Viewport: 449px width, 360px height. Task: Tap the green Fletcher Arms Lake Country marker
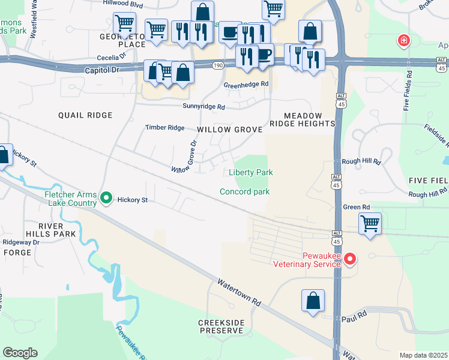click(106, 197)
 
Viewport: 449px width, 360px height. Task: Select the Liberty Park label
click(251, 173)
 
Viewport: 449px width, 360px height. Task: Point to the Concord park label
click(244, 192)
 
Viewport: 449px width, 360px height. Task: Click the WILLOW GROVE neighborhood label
click(230, 130)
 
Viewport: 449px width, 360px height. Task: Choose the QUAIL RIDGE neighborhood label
click(85, 115)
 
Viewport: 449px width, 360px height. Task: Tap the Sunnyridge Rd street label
click(203, 107)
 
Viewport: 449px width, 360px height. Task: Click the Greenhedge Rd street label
click(246, 85)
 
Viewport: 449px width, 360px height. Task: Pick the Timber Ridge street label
click(165, 128)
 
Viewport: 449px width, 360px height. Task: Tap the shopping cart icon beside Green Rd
click(370, 224)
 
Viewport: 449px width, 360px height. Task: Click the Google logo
click(20, 353)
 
